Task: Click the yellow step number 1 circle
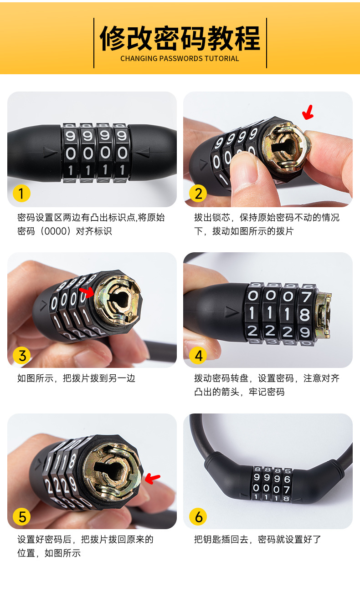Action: click(21, 194)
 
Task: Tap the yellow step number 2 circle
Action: click(198, 194)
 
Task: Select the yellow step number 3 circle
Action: click(21, 355)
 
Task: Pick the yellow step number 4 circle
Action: click(198, 355)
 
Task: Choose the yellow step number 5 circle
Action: click(21, 516)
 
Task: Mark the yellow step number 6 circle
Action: click(198, 516)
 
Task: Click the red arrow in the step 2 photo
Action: click(309, 112)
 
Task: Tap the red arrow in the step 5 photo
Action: click(153, 478)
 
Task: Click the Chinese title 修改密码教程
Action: click(180, 38)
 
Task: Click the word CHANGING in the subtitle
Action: click(139, 59)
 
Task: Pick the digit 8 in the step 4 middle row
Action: click(305, 314)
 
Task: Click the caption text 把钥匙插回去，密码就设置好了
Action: click(257, 540)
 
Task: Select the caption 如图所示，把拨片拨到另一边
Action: click(76, 378)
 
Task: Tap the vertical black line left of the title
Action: click(94, 43)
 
